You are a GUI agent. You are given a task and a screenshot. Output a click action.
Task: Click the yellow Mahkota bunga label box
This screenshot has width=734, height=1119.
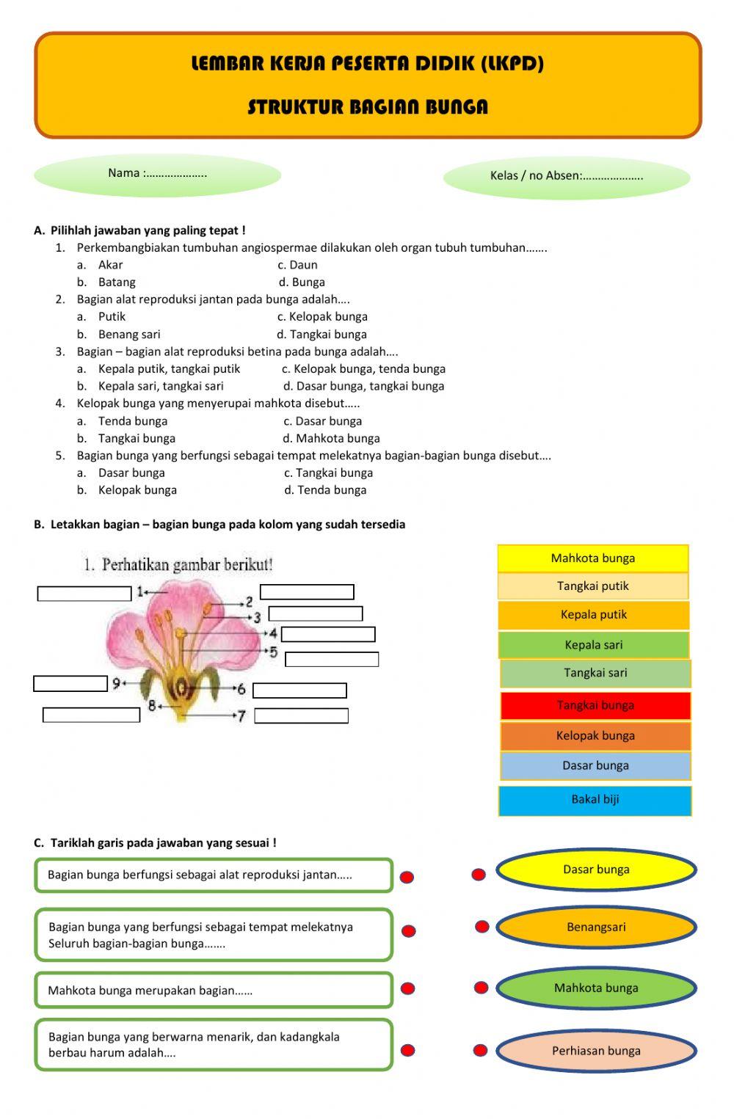click(x=593, y=558)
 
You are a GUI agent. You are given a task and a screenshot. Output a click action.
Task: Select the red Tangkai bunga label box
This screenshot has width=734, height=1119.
click(x=595, y=706)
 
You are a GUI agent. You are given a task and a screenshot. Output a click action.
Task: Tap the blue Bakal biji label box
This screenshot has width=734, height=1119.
click(x=595, y=800)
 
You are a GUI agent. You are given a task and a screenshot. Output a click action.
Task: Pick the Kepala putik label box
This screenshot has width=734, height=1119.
click(x=594, y=615)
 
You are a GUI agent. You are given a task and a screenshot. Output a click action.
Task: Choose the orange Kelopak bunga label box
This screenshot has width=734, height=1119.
click(x=595, y=736)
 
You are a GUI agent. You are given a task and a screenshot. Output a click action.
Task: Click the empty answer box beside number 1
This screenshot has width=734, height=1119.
click(x=84, y=594)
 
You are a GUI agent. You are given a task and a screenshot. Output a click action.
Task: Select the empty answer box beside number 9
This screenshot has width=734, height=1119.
click(x=70, y=684)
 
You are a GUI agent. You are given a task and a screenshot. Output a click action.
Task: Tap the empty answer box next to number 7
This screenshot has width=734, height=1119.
click(x=301, y=715)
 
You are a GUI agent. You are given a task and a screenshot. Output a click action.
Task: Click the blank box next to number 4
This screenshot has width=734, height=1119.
click(x=328, y=634)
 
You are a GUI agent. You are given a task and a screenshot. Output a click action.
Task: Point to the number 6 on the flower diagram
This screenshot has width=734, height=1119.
click(x=241, y=689)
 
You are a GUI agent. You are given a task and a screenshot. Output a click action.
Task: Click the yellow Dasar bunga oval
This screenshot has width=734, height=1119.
click(x=596, y=870)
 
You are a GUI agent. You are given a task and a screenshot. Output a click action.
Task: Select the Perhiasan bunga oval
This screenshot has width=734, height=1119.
click(x=596, y=1051)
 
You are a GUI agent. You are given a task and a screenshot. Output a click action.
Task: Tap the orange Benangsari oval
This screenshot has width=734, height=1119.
click(x=596, y=927)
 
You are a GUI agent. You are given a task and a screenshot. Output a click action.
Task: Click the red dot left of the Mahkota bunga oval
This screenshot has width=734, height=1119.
click(x=481, y=988)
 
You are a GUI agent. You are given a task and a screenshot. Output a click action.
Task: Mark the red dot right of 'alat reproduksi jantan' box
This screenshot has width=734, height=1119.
click(x=407, y=877)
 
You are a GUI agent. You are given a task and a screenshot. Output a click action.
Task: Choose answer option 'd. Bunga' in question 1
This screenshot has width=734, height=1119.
click(x=302, y=283)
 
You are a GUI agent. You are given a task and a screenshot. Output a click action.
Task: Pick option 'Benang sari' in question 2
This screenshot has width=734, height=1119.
click(x=129, y=335)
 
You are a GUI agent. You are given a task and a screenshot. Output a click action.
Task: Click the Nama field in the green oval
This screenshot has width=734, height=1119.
click(x=157, y=174)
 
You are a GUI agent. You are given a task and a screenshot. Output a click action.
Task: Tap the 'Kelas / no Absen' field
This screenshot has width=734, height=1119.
click(x=567, y=176)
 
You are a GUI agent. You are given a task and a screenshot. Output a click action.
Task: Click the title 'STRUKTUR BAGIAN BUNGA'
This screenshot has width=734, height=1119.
click(x=368, y=107)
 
